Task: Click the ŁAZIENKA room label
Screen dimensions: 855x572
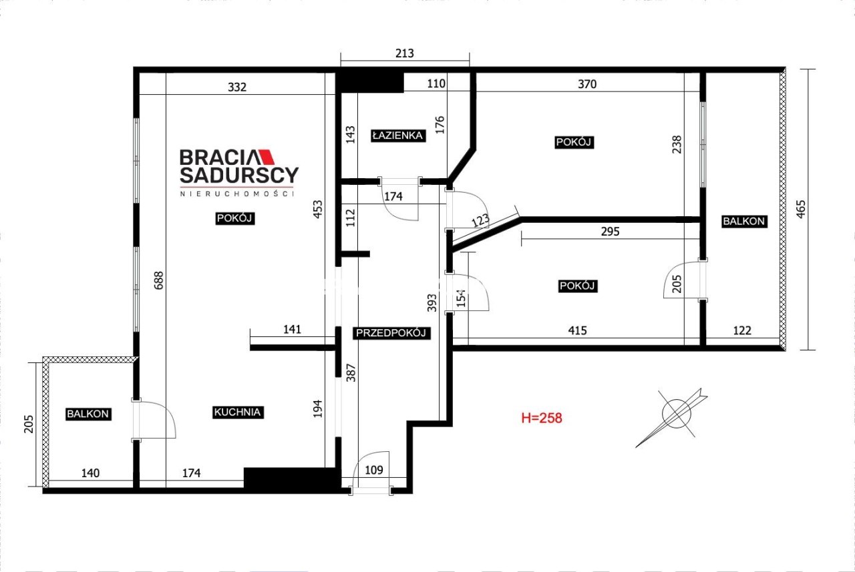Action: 398,135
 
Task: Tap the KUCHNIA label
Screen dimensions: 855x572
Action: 237,412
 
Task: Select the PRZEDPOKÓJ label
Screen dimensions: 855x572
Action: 391,333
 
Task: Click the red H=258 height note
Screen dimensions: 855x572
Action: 542,418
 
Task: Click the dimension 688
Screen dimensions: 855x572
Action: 159,280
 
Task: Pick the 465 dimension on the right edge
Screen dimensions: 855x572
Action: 801,210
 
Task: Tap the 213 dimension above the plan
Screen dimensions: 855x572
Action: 405,53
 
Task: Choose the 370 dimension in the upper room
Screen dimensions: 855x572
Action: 587,84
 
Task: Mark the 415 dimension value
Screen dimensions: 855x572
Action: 577,330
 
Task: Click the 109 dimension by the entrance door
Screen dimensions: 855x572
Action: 373,470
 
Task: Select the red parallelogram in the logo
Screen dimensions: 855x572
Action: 267,157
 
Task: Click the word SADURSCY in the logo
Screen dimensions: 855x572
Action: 239,175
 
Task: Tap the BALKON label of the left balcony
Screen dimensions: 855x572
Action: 88,414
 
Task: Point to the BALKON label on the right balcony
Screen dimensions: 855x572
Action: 744,221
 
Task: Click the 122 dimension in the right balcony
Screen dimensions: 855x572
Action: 742,330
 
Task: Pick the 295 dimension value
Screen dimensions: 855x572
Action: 610,232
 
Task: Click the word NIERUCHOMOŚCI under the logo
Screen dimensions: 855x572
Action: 237,194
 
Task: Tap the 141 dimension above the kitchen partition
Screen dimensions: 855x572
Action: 292,329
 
